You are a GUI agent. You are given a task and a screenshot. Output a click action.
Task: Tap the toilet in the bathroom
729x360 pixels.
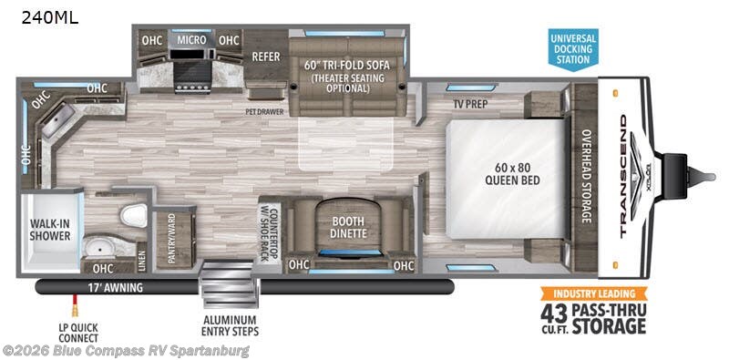pos(135,215)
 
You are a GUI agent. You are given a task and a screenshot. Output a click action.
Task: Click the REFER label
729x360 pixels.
pos(265,57)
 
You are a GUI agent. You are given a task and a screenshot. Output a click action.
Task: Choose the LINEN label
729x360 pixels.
pos(141,260)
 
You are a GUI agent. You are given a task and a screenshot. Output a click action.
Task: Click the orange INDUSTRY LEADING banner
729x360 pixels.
pos(595,293)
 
